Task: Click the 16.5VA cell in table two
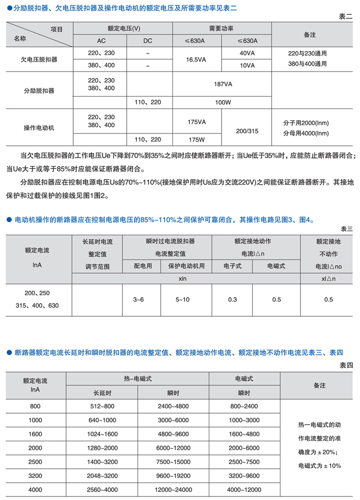196,60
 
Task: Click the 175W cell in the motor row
196,139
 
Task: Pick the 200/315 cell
247,131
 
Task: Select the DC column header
147,41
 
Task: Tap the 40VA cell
247,53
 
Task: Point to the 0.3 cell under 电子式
232,300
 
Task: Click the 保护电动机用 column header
186,265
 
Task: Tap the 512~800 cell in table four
102,406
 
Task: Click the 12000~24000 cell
173,490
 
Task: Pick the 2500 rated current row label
36,462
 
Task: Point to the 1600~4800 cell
244,434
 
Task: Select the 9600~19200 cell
173,476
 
